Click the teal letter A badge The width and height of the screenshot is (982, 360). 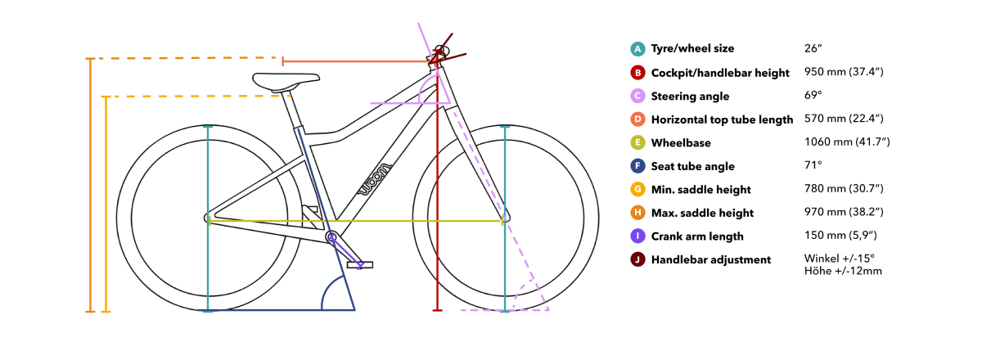tap(637, 48)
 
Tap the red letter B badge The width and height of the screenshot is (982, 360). tap(637, 72)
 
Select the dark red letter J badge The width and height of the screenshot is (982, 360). tap(637, 259)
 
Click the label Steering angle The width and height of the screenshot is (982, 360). tap(690, 96)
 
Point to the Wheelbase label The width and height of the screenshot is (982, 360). tap(681, 143)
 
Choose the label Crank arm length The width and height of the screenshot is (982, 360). tap(697, 236)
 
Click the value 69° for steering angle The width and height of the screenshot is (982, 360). tap(813, 95)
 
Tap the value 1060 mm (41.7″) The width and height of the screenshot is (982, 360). tap(847, 142)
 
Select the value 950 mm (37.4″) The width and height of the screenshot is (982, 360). tap(844, 72)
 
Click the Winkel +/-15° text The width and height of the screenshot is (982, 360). tap(839, 259)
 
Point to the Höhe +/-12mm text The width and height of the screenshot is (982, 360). tap(843, 271)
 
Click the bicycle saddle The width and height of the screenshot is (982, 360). tap(286, 82)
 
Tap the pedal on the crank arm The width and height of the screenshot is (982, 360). tap(360, 265)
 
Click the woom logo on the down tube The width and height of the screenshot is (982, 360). tap(376, 179)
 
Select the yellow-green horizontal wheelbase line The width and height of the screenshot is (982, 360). tap(355, 221)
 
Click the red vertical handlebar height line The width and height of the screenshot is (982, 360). tap(437, 184)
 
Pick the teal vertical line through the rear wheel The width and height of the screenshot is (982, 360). tap(208, 218)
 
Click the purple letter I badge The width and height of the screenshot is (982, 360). tap(637, 236)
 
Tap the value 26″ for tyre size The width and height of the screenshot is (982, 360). tap(813, 48)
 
